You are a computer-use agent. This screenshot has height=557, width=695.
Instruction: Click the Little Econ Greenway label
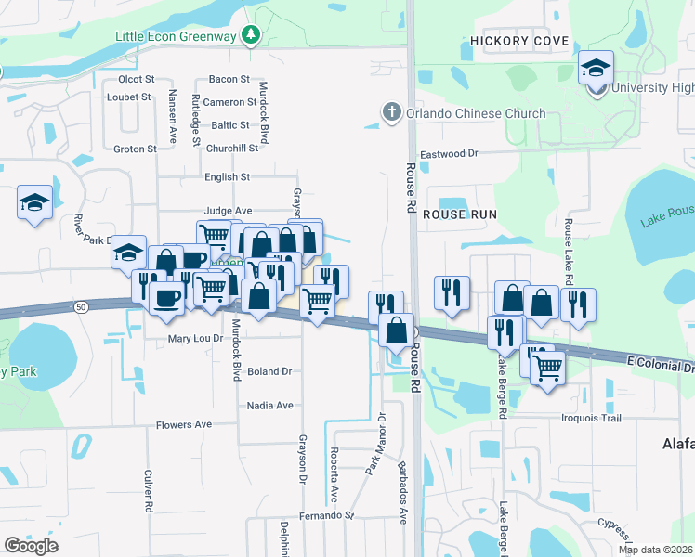click(x=177, y=36)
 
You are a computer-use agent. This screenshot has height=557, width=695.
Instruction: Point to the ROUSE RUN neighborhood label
click(x=460, y=214)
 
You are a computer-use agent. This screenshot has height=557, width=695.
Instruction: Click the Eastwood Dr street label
click(x=449, y=153)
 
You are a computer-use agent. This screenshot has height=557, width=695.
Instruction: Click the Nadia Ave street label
click(x=269, y=406)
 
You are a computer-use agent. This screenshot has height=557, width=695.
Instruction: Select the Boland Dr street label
click(x=269, y=371)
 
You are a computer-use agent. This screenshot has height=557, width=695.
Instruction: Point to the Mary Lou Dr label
click(x=195, y=339)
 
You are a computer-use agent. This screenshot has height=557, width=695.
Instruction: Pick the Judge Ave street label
click(x=228, y=211)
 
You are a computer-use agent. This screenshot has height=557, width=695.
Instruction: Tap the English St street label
click(x=228, y=176)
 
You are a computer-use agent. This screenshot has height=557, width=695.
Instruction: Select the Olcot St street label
click(x=136, y=80)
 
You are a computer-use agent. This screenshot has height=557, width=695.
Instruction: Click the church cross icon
click(x=391, y=113)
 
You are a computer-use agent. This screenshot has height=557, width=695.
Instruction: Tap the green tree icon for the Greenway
click(x=249, y=35)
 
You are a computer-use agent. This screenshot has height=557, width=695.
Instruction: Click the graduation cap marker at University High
click(x=596, y=68)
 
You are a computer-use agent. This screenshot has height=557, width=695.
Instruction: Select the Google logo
click(x=31, y=545)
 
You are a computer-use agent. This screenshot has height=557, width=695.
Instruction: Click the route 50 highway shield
click(x=82, y=306)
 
